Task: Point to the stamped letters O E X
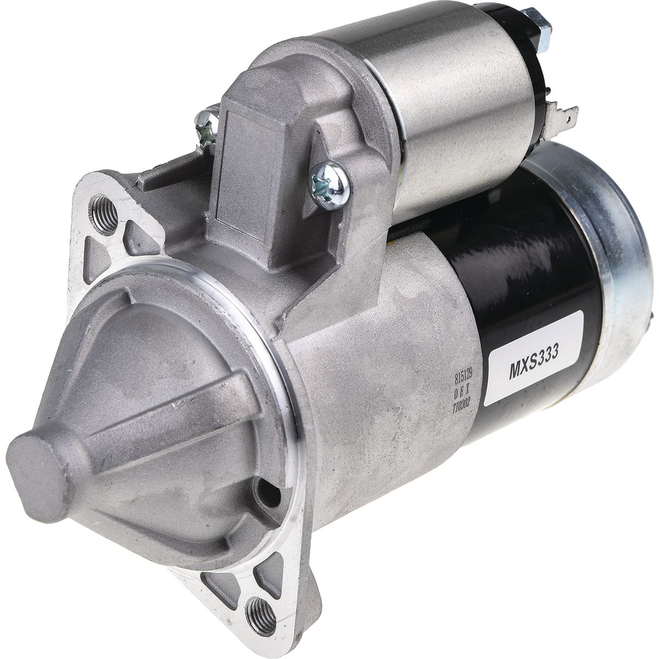coord(462,392)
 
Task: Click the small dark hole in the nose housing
coord(269,494)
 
